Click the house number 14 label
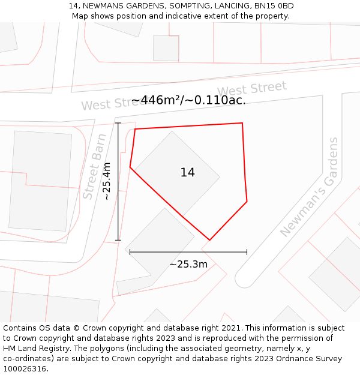click(187, 173)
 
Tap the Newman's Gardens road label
click(310, 187)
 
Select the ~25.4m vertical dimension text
click(107, 181)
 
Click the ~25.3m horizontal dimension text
click(188, 264)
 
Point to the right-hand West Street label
click(252, 90)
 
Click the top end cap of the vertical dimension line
click(118, 123)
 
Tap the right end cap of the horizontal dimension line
click(247, 252)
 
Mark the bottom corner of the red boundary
click(209, 240)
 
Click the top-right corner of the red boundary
click(242, 123)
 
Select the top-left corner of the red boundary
click(135, 129)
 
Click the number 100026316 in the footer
click(25, 368)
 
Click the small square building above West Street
click(166, 48)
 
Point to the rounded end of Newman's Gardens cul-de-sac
click(244, 279)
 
